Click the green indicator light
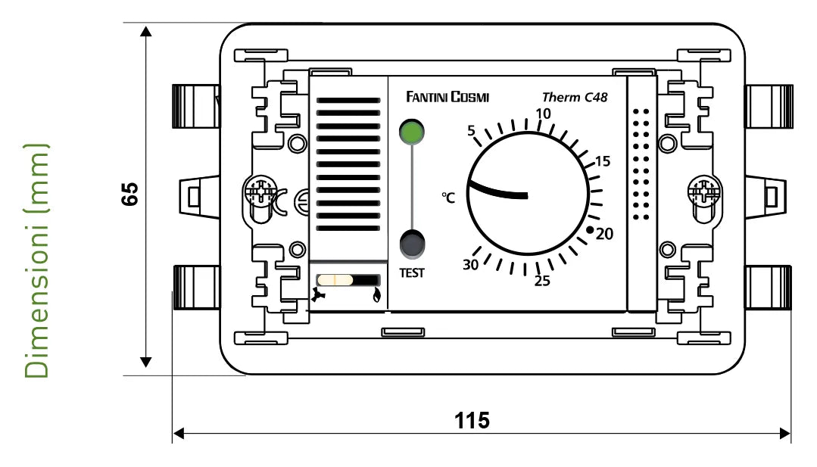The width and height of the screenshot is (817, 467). pos(412,132)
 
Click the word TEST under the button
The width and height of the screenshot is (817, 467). pos(412,272)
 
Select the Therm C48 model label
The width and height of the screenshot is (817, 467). pos(575,97)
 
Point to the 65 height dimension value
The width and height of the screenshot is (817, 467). pos(129,194)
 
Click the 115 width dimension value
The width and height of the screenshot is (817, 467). pos(472,420)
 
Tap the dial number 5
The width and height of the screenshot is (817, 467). pos(471,131)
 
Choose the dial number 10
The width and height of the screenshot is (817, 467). pos(544,114)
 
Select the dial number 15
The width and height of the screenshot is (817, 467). pos(603,161)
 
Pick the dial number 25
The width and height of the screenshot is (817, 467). pos(541,282)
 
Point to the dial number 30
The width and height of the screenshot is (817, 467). pos(471,264)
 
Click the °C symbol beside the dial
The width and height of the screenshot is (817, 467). pos(448,198)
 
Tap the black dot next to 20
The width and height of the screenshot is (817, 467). pos(590,229)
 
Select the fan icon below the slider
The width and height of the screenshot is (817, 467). pos(319,297)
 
